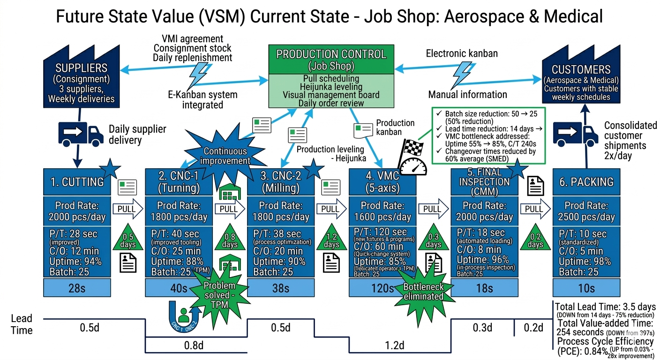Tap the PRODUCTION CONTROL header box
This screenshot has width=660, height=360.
coord(331,59)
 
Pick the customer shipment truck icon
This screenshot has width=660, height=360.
coord(576,133)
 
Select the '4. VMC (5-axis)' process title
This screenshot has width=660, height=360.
coord(382,182)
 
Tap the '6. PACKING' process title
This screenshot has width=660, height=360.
coord(586,181)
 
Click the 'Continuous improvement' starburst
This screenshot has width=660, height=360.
coord(225,156)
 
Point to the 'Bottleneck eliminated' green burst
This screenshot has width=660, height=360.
coord(423,291)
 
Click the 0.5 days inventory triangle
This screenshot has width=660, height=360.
coord(127,240)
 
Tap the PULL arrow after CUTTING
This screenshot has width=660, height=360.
coord(127,209)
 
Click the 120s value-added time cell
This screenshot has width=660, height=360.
coord(382,288)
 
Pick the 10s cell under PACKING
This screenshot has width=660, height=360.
coord(586,288)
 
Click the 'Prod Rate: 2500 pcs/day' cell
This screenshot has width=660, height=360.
coord(586,211)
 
